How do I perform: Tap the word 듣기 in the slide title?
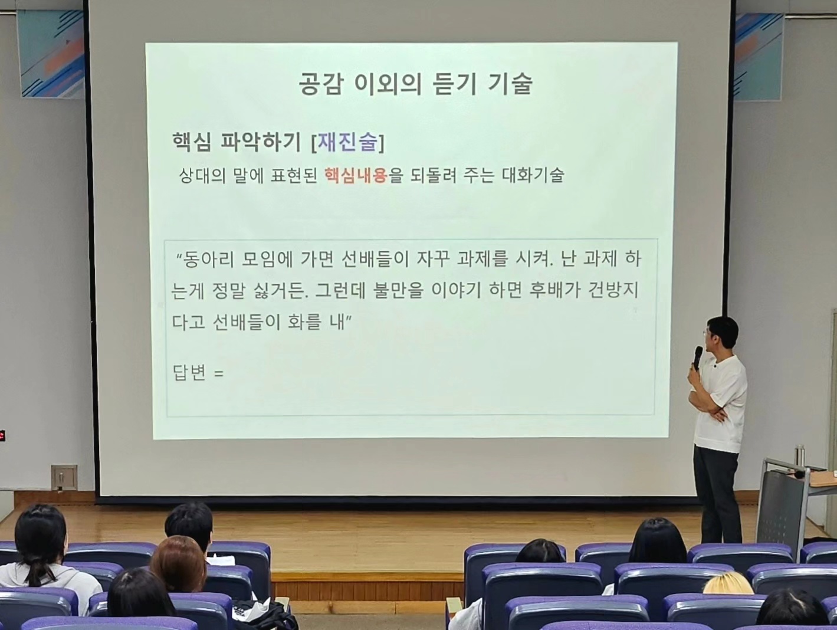point(455,84)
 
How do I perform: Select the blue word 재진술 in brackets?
point(347,143)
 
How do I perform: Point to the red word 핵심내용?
point(356,175)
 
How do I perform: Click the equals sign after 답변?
point(219,373)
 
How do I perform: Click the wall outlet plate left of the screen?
point(64,477)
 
